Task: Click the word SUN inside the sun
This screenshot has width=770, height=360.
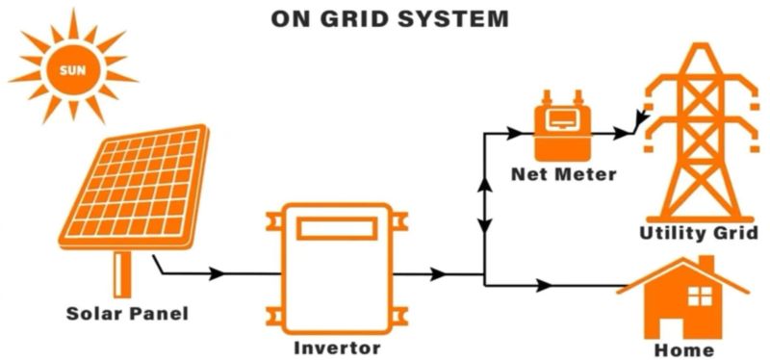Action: (72, 71)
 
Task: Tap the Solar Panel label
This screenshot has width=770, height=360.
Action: (127, 313)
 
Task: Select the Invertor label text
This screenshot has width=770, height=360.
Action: (336, 347)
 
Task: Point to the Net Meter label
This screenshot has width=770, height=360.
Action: (564, 174)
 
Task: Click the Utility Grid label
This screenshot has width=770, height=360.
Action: (699, 233)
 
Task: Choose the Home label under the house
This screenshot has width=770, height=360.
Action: (683, 349)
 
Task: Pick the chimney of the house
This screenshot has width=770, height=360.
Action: (706, 263)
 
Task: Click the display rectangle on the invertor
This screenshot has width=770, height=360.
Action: (336, 228)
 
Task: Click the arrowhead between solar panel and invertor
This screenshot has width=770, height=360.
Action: (218, 273)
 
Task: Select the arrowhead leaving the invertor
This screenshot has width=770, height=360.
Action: (438, 274)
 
